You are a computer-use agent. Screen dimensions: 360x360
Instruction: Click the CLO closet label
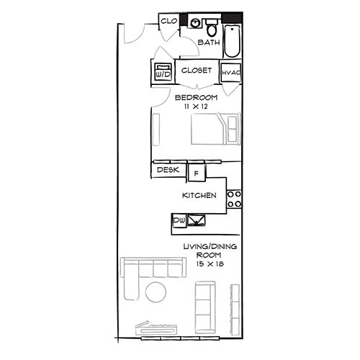[169, 21]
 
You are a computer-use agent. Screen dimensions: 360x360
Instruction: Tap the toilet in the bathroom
[212, 27]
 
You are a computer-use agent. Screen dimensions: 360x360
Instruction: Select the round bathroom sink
[195, 23]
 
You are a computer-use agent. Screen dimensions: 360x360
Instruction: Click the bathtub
[232, 41]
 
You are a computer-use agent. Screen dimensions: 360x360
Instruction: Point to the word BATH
[209, 42]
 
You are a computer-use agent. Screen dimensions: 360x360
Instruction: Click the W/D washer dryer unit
[163, 72]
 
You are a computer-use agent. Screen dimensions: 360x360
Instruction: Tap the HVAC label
[231, 73]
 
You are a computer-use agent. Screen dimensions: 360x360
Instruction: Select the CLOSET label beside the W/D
[197, 71]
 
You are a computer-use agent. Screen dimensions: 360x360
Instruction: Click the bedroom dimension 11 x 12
[196, 107]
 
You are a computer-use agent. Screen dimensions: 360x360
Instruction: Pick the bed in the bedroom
[215, 129]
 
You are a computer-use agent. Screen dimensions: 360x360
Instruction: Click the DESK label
[168, 170]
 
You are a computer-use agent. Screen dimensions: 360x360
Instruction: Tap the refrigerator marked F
[197, 173]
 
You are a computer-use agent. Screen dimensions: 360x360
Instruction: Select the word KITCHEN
[199, 195]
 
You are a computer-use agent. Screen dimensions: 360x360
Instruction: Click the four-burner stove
[234, 199]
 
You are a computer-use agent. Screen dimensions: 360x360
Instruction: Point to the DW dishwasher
[179, 220]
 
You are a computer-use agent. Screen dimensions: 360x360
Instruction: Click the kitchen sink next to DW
[196, 220]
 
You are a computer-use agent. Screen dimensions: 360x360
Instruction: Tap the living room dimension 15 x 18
[210, 264]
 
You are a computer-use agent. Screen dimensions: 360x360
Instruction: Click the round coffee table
[156, 292]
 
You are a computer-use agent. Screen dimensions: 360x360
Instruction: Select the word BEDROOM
[196, 97]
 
